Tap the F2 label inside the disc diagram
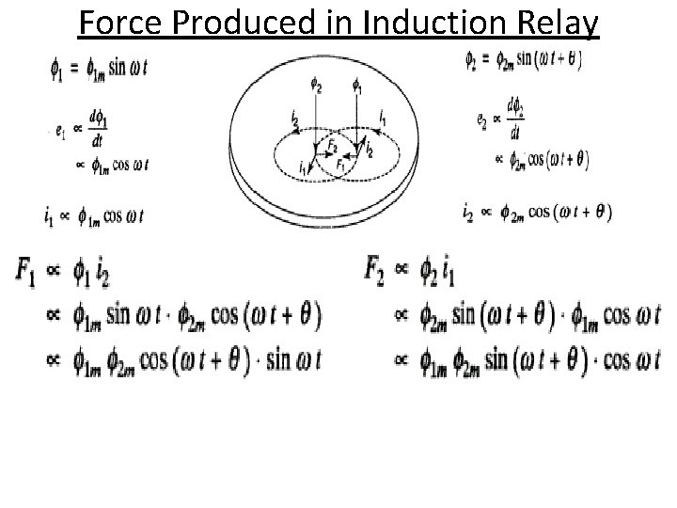click(x=331, y=148)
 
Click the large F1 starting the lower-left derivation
click(x=26, y=270)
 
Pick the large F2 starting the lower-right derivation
click(x=377, y=270)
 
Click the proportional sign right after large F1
click(x=53, y=271)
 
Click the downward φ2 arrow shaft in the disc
click(x=316, y=122)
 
